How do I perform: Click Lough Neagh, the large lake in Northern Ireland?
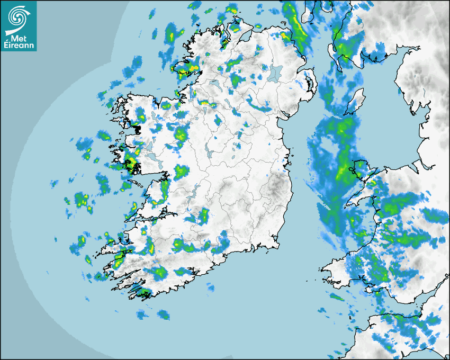click(x=276, y=73)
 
